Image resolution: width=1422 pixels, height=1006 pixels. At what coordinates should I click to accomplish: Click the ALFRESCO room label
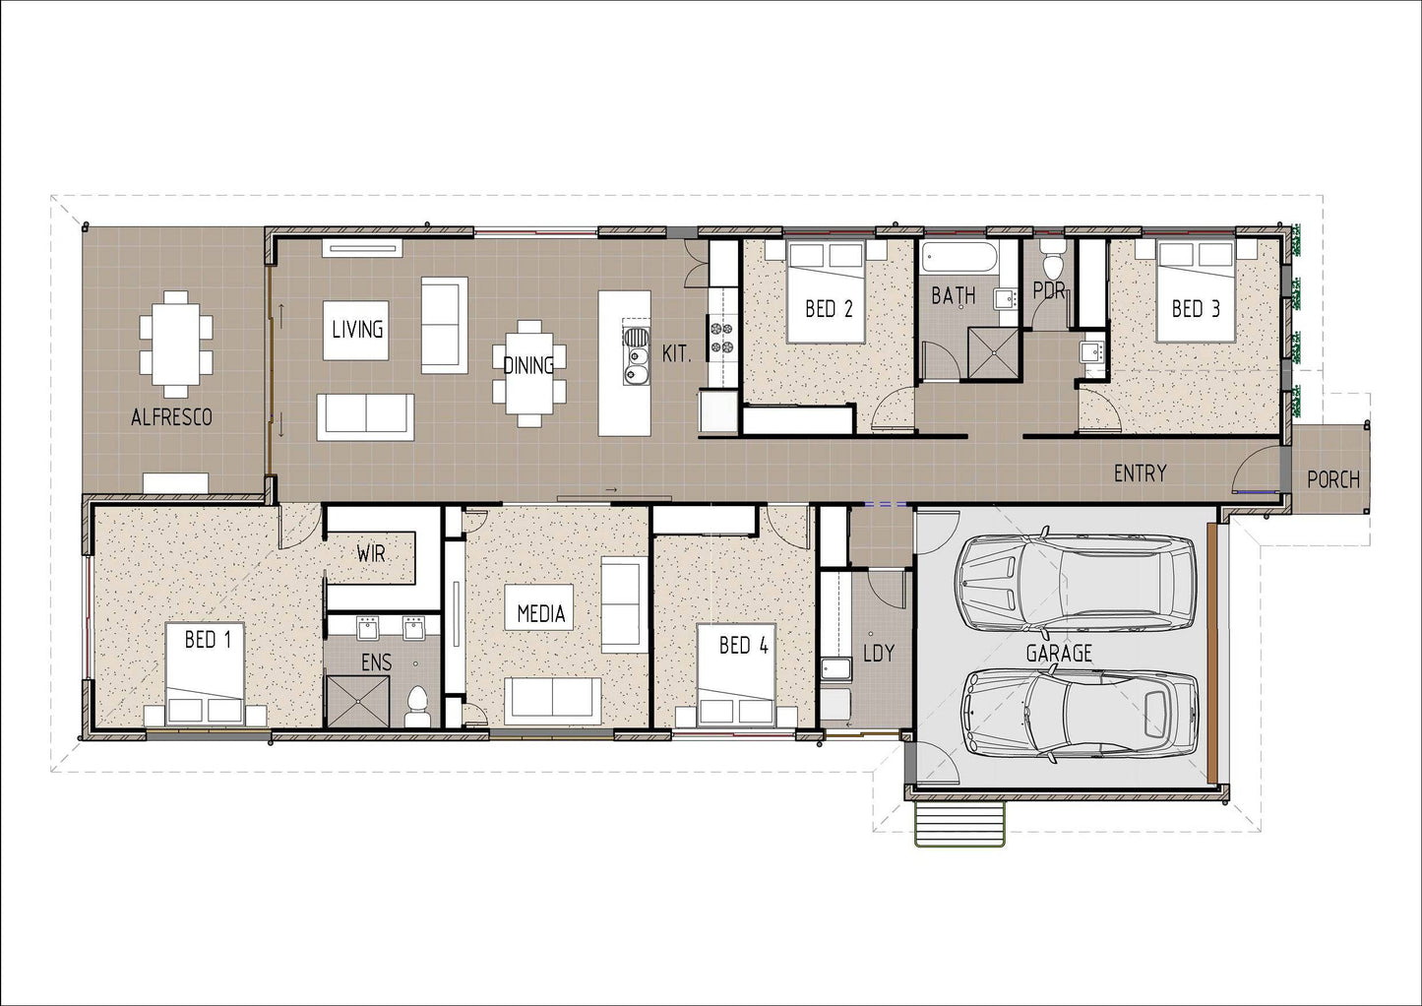(x=171, y=417)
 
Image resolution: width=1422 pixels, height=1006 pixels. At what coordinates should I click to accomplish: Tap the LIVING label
(x=356, y=330)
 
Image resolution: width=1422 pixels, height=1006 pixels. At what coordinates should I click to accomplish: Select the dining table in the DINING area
(x=528, y=372)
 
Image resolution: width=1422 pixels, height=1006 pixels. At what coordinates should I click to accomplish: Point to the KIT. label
(x=676, y=354)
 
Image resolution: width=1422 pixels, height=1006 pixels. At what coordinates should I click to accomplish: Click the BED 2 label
(x=828, y=309)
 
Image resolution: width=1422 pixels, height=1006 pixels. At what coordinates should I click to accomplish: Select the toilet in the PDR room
(x=1052, y=261)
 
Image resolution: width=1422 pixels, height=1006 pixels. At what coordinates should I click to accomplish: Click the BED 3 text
(x=1195, y=309)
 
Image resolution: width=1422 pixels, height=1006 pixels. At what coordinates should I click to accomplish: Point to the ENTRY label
(x=1140, y=473)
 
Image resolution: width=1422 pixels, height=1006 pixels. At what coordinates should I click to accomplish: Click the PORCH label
(x=1332, y=480)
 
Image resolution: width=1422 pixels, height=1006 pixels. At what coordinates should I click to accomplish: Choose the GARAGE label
(x=1059, y=654)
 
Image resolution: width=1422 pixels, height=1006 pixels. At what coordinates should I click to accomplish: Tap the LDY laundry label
(x=878, y=654)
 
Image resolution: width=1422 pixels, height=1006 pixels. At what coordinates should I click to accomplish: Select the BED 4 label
(x=743, y=646)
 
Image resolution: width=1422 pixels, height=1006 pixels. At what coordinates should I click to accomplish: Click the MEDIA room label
(x=540, y=614)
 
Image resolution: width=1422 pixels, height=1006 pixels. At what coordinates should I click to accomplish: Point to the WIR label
(x=370, y=554)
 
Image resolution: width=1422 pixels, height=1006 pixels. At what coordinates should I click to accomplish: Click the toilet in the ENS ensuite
(x=416, y=706)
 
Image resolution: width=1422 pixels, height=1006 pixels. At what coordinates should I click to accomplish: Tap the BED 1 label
(x=208, y=641)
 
